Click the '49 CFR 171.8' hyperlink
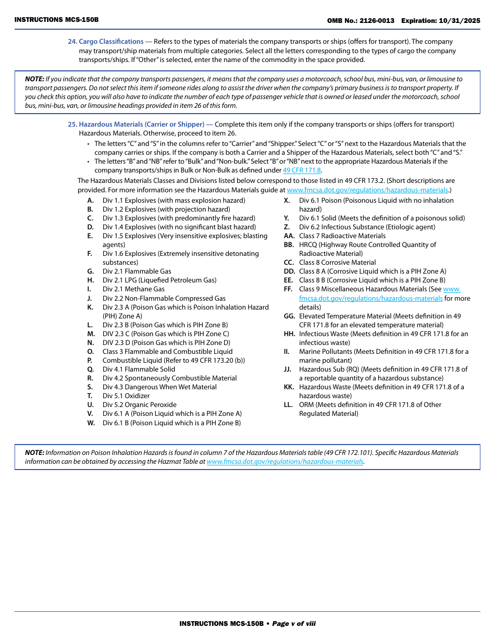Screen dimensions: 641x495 coord(302,170)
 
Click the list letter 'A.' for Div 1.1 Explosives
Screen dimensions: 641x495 coord(91,201)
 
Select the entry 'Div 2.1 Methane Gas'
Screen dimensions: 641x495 coord(133,289)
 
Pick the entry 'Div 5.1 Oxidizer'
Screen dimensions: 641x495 coord(126,396)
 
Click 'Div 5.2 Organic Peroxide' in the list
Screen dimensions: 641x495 coord(139,405)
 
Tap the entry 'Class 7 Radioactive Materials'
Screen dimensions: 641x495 coord(342,236)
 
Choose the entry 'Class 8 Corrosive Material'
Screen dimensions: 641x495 coord(337,263)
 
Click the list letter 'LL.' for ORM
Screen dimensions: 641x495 coord(289,405)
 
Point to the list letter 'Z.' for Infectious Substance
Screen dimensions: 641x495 coord(287,227)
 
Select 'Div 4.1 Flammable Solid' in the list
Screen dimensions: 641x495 coord(139,369)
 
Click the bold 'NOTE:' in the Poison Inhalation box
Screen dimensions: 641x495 coord(34,453)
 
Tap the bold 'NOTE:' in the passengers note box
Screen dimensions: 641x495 coord(34,79)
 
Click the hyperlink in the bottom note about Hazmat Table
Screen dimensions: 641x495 coord(284,462)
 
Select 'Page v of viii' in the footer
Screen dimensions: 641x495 coord(294,624)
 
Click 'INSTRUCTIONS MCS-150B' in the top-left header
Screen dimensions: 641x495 coord(56,20)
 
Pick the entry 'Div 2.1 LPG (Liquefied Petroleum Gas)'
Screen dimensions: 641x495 coord(159,280)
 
